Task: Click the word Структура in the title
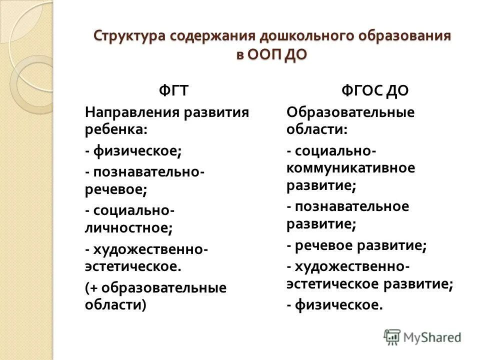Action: (129, 36)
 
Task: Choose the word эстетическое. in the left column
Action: (132, 266)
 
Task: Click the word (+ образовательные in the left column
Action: (155, 287)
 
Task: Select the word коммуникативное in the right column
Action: (350, 167)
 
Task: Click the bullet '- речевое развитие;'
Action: (356, 245)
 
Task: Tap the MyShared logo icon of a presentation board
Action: (393, 336)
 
